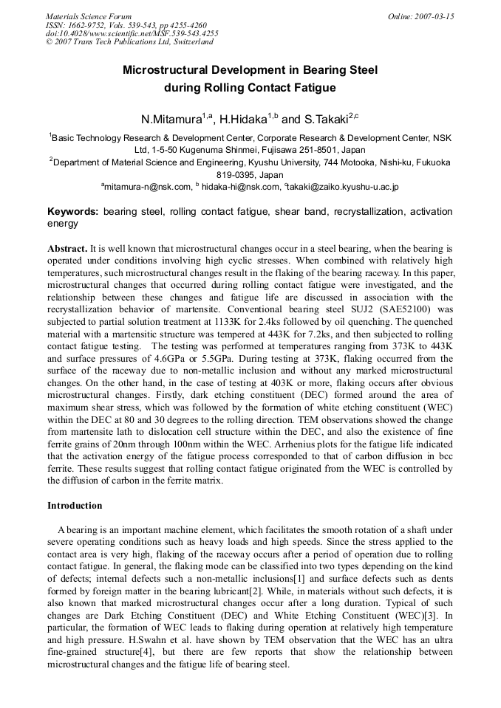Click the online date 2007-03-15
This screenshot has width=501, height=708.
coord(433,16)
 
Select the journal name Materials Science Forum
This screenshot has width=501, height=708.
coord(89,16)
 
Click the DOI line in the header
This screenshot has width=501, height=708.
coord(132,33)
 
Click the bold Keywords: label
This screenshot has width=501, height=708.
coord(73,212)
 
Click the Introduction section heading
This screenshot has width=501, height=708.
coord(75,506)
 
